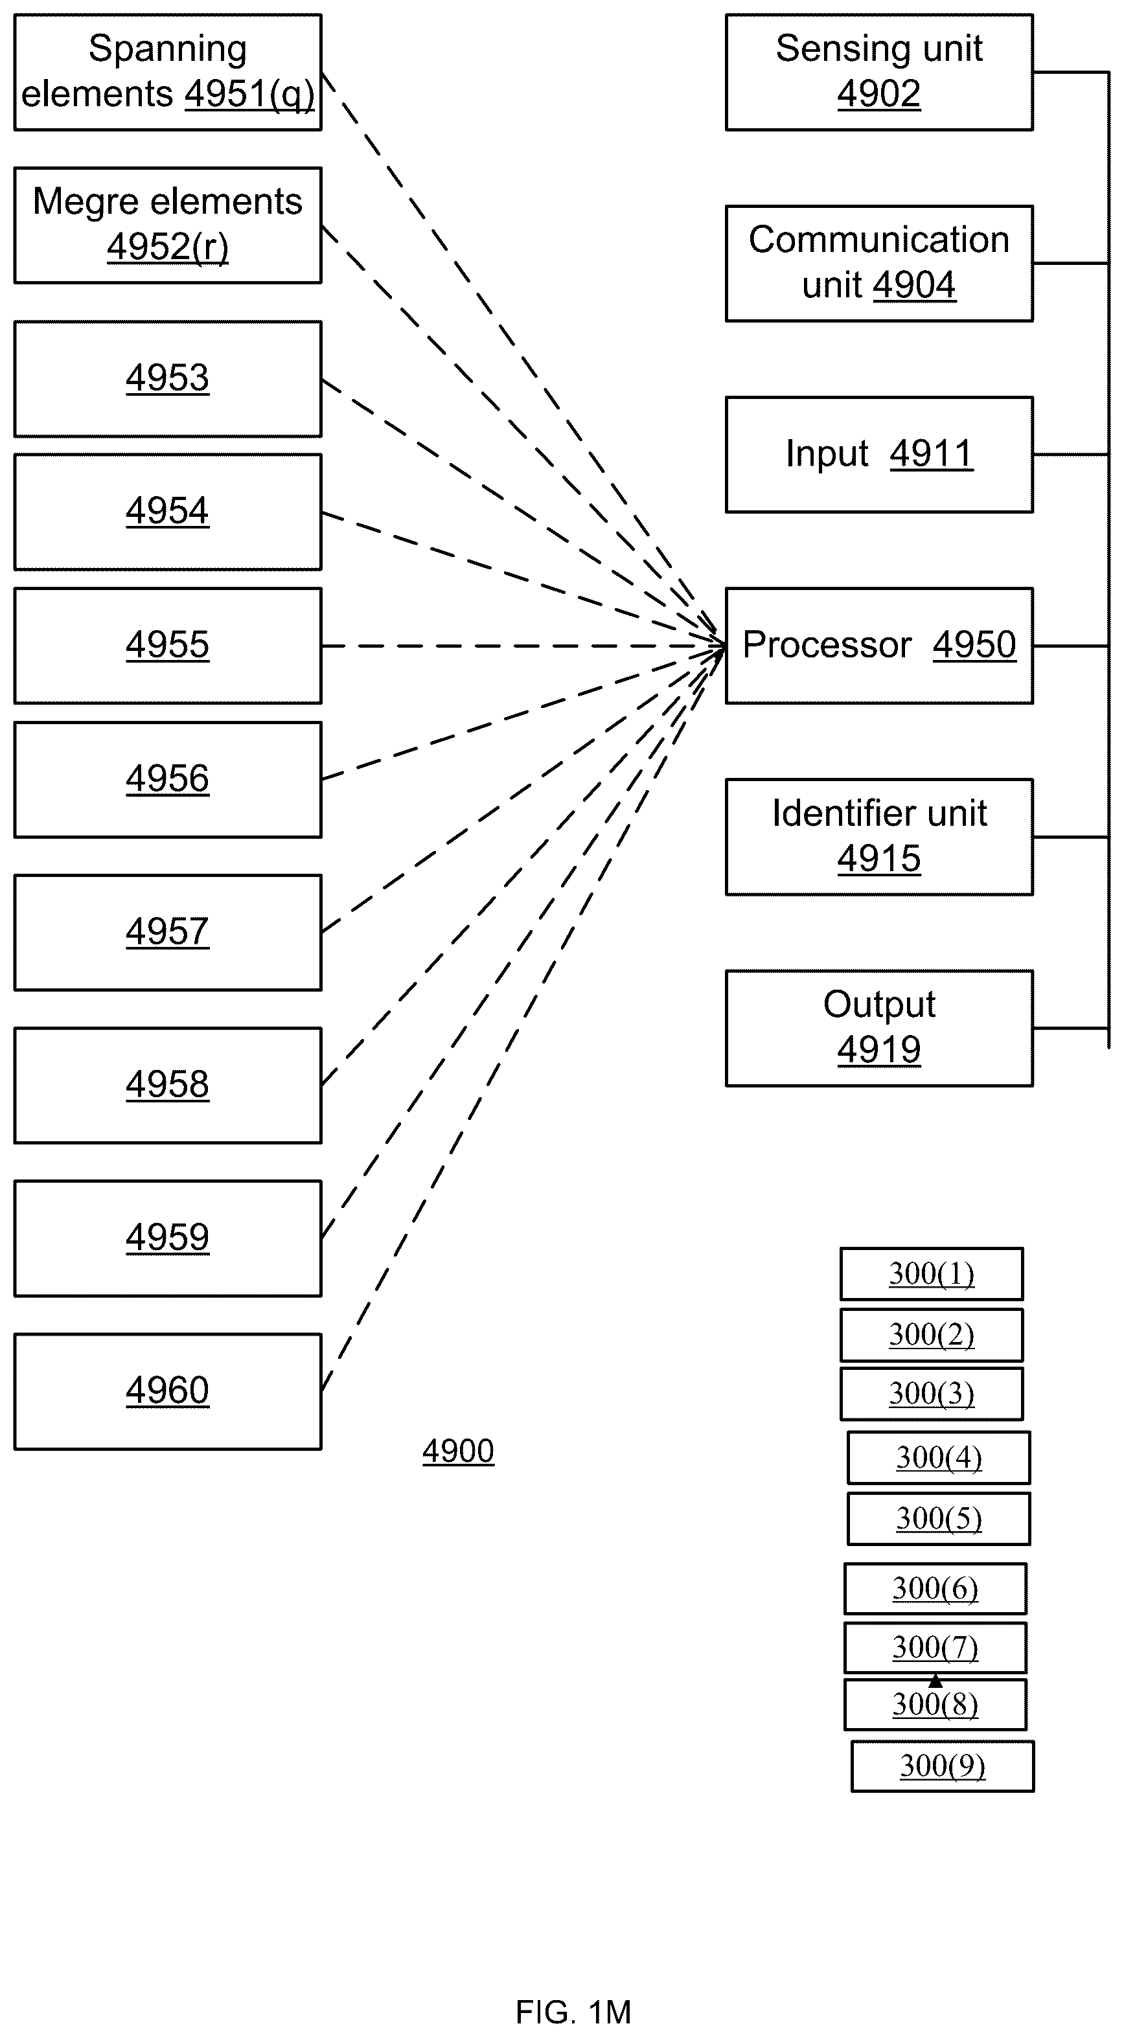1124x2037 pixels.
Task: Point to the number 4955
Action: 168,644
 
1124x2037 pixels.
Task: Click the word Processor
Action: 827,644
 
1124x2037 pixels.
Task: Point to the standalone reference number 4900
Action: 458,1451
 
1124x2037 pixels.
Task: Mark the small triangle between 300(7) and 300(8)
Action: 935,1680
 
